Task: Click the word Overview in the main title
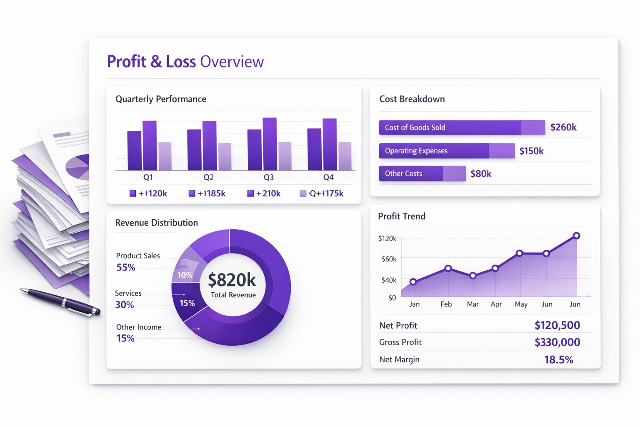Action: [x=232, y=62]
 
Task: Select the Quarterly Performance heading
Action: [x=161, y=99]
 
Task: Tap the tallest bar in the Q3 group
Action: [x=270, y=143]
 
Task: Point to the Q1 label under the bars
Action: [x=148, y=177]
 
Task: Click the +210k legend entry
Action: [x=264, y=193]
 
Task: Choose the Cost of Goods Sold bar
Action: [x=462, y=128]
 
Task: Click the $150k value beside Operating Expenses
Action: [x=531, y=151]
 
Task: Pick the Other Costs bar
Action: [x=422, y=173]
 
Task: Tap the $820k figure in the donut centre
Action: [x=232, y=280]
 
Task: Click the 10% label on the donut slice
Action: [x=185, y=275]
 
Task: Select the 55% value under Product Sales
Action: [x=126, y=267]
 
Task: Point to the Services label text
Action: [x=128, y=294]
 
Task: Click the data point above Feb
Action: [x=448, y=268]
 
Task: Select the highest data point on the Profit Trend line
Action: [x=576, y=236]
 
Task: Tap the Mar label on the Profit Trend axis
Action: [x=472, y=304]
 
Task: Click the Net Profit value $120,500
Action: [x=557, y=325]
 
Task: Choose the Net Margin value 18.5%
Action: [x=558, y=359]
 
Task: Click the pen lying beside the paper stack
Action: [x=60, y=301]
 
